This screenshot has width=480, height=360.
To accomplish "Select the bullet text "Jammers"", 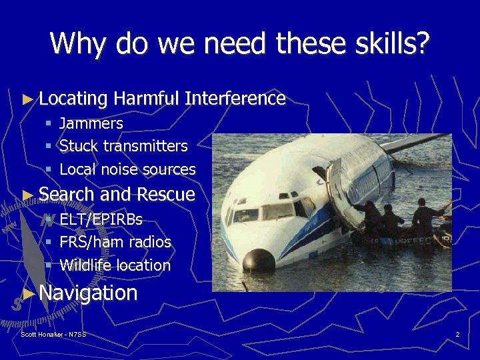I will click(x=91, y=123).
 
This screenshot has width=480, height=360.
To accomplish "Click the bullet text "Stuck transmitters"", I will click(x=123, y=146).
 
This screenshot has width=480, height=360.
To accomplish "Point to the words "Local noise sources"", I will click(x=127, y=169).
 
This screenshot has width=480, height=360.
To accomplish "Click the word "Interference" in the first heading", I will click(x=235, y=99).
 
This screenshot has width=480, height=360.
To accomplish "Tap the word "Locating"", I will click(x=73, y=99).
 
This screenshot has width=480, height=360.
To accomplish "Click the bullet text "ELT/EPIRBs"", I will click(x=101, y=219).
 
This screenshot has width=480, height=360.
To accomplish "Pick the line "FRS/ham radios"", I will click(x=115, y=242).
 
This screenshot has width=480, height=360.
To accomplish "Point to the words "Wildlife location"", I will click(x=115, y=265).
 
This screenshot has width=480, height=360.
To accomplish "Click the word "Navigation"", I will click(x=88, y=293).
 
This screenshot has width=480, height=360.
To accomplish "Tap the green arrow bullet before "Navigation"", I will click(x=27, y=293).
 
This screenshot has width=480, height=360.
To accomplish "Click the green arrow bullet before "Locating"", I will click(x=27, y=99).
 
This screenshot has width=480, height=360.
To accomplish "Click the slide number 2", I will click(x=457, y=334).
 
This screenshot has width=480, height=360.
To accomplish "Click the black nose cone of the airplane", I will click(x=259, y=259).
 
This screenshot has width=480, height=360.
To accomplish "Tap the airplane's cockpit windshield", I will click(x=267, y=212).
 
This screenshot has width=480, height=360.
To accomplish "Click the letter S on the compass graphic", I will click(x=17, y=303).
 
